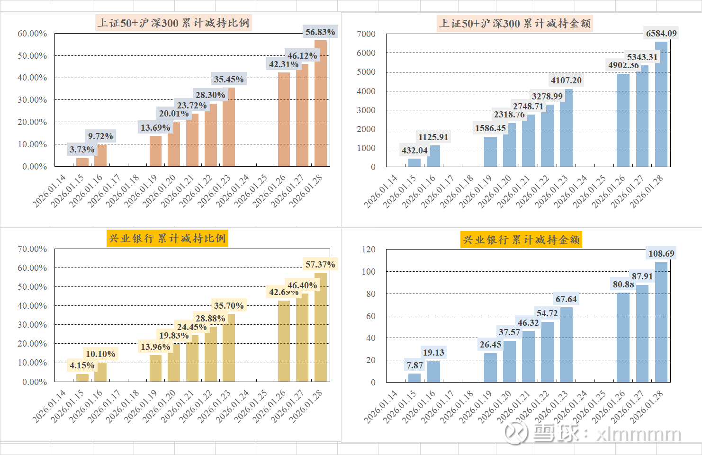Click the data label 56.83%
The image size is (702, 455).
[320, 32]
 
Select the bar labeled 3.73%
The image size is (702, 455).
[82, 162]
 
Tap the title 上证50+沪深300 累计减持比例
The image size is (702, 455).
[173, 23]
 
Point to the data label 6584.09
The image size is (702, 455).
[661, 33]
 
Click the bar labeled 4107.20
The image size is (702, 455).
[566, 128]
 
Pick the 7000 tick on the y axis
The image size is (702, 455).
[366, 34]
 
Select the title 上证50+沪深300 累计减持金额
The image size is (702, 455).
[515, 23]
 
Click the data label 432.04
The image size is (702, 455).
[414, 151]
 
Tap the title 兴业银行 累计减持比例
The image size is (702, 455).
[167, 238]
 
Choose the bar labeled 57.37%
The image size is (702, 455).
[321, 327]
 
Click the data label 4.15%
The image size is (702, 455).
[82, 366]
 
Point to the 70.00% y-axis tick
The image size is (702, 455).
[32, 249]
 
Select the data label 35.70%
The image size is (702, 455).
[229, 306]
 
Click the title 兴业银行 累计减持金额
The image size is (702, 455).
[521, 240]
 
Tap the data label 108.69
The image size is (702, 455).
[661, 254]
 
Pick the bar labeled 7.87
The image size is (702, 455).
[414, 378]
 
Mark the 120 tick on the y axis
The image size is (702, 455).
[369, 250]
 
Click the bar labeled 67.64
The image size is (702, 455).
[566, 345]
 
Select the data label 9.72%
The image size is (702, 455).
[100, 136]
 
